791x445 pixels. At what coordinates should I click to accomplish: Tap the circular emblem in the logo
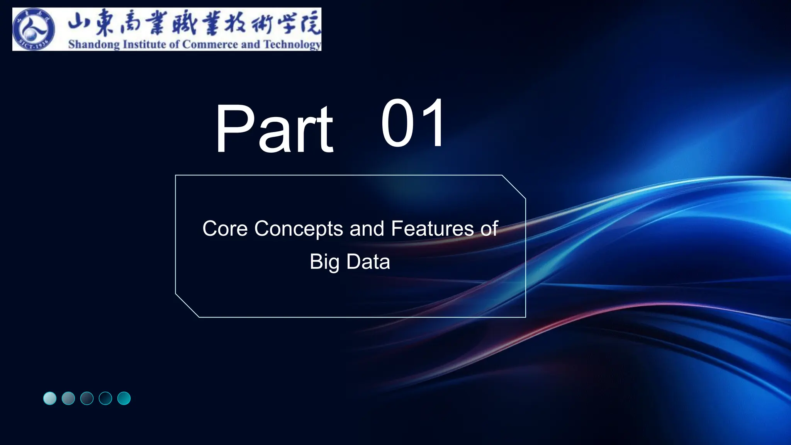34,30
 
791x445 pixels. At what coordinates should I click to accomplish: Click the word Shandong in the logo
94,44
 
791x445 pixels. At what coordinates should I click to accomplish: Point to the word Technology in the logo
292,44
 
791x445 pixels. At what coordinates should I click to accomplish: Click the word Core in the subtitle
225,228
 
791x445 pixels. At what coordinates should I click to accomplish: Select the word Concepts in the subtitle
299,228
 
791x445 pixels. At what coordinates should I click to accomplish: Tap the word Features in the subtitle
432,228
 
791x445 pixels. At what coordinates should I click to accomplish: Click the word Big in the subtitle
324,262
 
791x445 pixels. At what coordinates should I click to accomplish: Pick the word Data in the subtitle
368,262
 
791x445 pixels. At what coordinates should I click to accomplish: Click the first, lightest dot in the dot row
50,398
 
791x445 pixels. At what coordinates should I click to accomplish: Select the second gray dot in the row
68,398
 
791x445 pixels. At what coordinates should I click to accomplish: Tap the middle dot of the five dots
87,398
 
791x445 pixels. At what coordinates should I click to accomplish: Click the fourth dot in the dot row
105,398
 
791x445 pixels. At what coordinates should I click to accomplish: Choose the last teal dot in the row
124,398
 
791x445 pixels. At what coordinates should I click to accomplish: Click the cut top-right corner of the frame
514,187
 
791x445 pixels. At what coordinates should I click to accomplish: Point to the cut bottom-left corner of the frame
187,306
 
